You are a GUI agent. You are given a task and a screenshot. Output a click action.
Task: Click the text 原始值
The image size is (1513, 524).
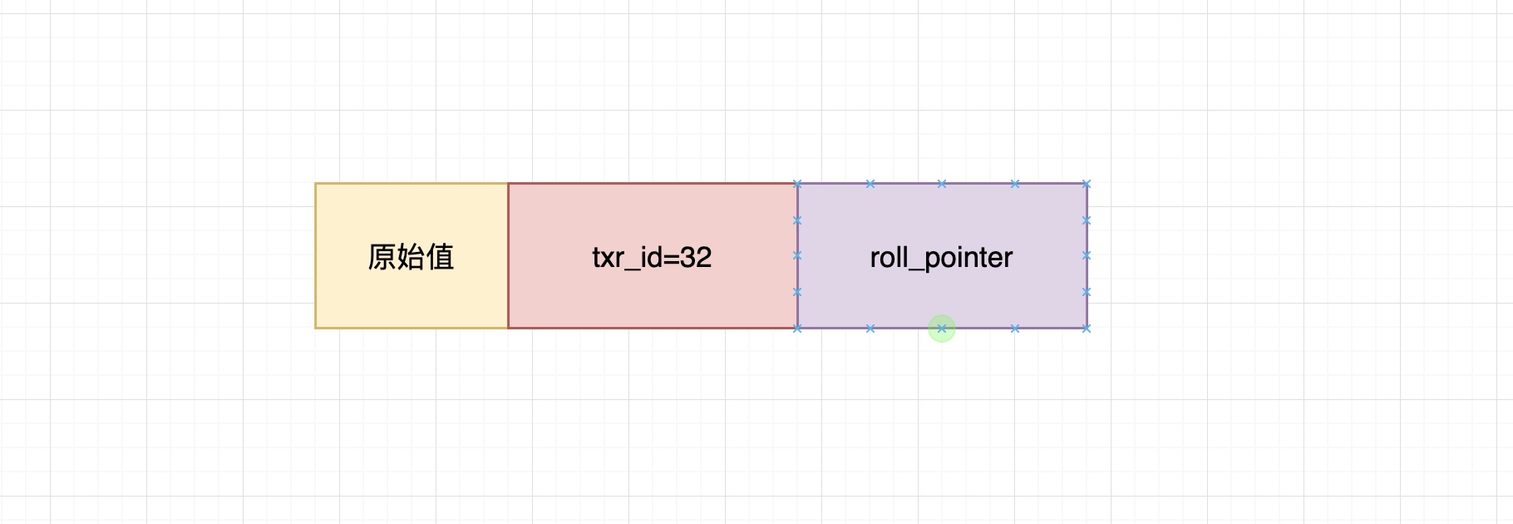411,257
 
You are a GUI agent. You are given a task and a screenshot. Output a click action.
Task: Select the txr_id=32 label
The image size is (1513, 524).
652,257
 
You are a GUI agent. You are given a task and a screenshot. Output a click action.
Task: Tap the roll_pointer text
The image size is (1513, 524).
941,258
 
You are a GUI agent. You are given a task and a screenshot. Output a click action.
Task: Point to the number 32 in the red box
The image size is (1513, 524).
696,257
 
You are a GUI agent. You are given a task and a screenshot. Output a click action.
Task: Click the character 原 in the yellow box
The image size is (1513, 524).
382,257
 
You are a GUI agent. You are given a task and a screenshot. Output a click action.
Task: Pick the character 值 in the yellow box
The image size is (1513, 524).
440,257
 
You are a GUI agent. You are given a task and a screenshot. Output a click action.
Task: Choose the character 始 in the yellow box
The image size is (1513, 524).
411,257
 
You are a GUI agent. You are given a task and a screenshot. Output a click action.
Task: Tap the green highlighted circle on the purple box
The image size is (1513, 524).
942,329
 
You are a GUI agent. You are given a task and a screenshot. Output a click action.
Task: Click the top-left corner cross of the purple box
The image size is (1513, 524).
797,184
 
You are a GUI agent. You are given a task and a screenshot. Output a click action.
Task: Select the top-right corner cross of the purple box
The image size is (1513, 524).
1087,184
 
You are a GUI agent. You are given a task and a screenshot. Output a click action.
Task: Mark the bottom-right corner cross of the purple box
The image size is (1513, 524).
1087,329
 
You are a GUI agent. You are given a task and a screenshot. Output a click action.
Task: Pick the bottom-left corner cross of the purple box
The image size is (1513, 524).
797,329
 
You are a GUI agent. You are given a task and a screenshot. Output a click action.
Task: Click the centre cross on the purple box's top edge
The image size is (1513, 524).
942,184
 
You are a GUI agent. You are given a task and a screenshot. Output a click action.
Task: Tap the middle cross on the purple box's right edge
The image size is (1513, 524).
1087,256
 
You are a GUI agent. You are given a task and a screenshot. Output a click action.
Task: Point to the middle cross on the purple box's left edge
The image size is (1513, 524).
797,256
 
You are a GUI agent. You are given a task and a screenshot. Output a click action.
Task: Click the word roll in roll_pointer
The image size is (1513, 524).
888,257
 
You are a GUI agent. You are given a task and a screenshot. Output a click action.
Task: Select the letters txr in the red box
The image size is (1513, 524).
608,257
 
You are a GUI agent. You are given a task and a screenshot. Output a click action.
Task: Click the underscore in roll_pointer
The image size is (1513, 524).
915,269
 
